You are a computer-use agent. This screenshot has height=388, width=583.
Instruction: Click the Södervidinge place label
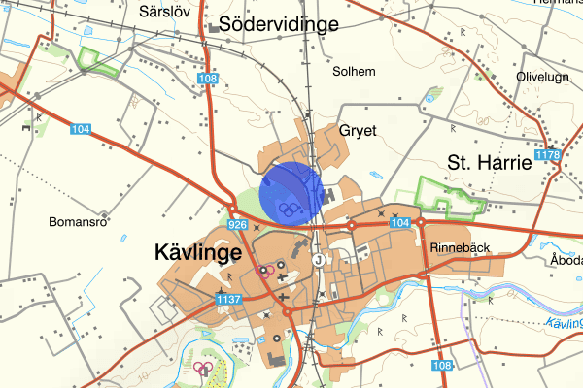pyautogui.click(x=278, y=25)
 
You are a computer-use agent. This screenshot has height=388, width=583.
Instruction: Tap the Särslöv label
pyautogui.click(x=162, y=12)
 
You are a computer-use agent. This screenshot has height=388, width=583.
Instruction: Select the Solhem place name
pyautogui.click(x=353, y=72)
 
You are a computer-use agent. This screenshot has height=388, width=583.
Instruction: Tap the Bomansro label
pyautogui.click(x=76, y=221)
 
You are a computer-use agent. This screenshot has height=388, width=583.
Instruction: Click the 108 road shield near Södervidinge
pyautogui.click(x=206, y=78)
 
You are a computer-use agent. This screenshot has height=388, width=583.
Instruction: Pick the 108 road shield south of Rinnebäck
pyautogui.click(x=442, y=365)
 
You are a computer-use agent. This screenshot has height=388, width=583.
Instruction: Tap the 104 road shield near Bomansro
pyautogui.click(x=81, y=128)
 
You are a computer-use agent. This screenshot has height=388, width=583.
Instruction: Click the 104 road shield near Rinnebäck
pyautogui.click(x=399, y=224)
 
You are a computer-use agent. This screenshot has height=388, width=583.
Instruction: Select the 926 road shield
pyautogui.click(x=237, y=225)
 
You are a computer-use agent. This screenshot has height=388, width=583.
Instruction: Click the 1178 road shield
pyautogui.click(x=549, y=155)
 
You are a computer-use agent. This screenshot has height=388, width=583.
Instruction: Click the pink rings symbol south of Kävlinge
pyautogui.click(x=203, y=368)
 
